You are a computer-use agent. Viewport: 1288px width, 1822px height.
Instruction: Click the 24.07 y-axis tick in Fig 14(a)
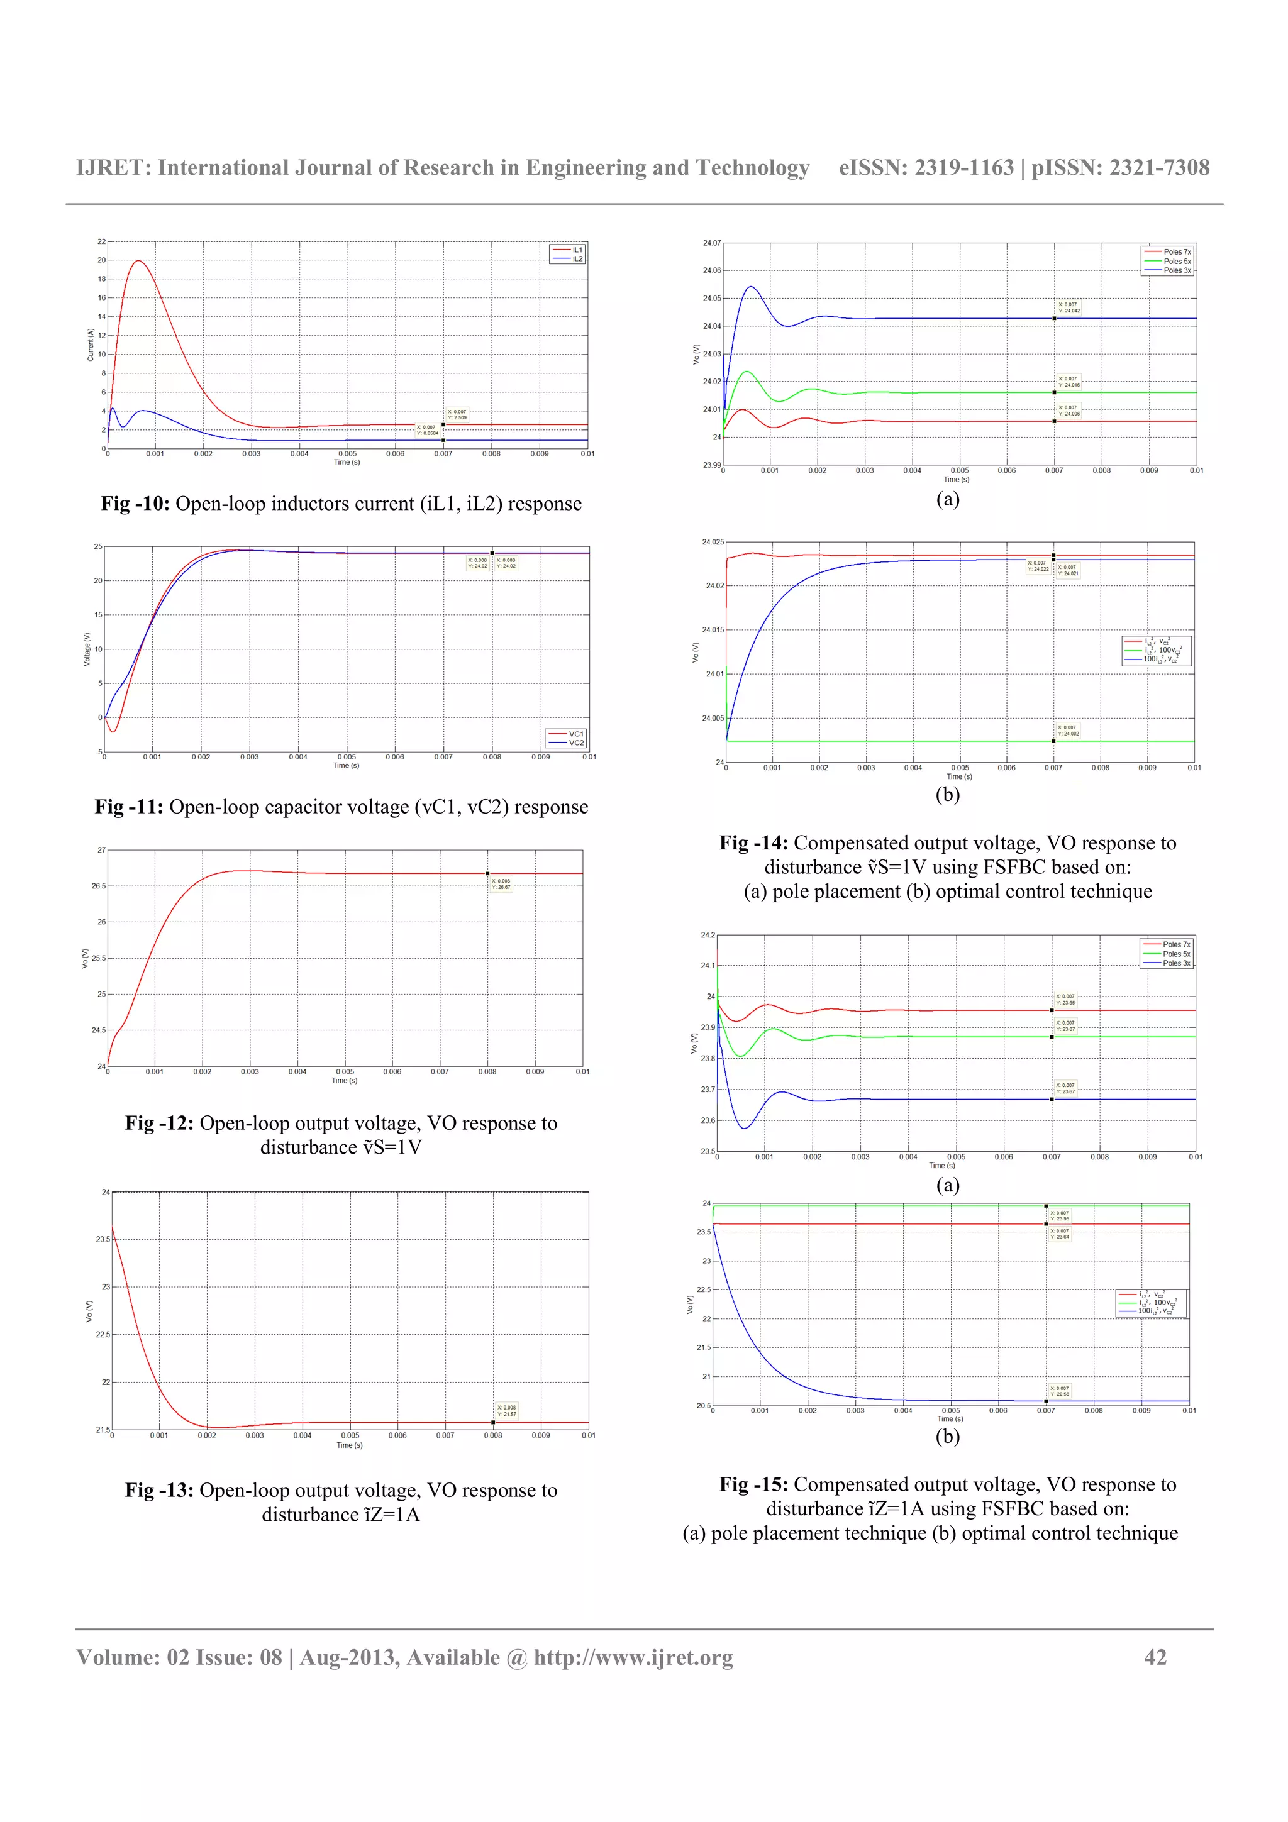coord(711,243)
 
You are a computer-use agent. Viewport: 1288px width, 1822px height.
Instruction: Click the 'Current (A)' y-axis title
coord(91,345)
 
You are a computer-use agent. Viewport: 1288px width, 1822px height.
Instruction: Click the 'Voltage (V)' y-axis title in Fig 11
coord(87,649)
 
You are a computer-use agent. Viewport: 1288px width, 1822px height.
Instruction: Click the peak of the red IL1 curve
coord(139,260)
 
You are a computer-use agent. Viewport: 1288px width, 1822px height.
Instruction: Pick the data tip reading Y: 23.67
coord(1065,1088)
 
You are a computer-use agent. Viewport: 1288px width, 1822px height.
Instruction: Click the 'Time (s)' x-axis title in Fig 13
coord(349,1445)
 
